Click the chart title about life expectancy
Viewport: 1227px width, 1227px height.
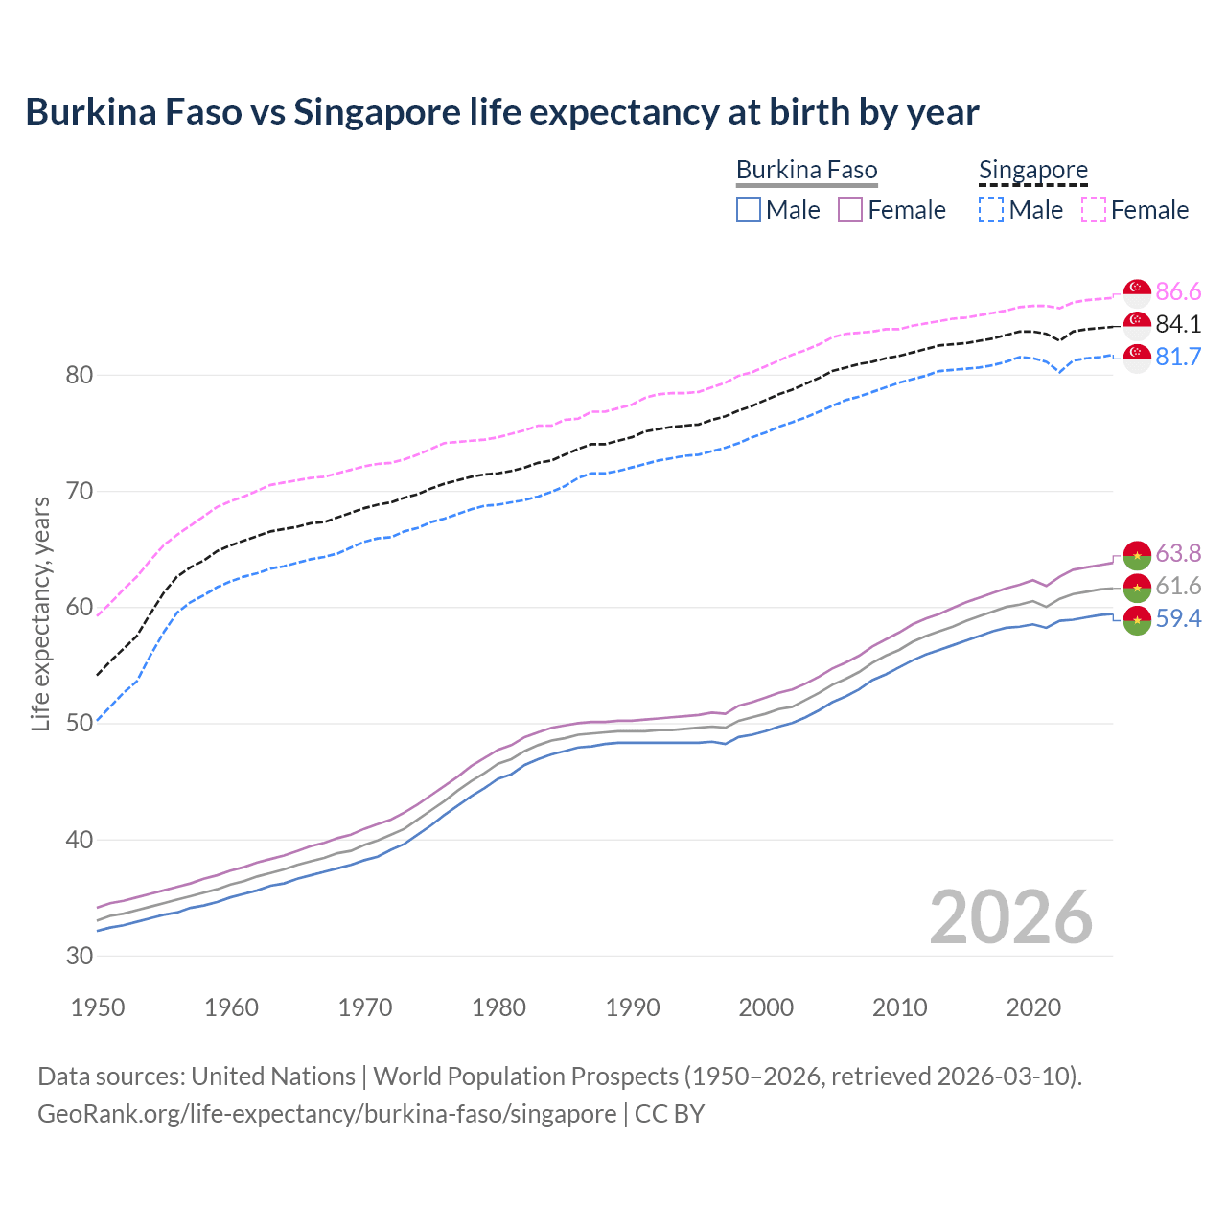501,112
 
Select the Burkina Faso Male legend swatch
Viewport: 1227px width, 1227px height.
749,210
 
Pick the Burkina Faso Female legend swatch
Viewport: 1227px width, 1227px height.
850,210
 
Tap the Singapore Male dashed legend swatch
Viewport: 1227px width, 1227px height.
991,210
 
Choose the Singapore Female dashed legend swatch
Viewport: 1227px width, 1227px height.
1094,210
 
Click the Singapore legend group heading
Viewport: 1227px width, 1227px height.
1032,170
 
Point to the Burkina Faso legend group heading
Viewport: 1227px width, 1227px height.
806,170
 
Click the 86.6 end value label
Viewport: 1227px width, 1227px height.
1178,291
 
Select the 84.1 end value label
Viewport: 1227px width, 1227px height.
1178,324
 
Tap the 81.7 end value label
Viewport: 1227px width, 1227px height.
1178,357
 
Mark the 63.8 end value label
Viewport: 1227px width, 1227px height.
1178,553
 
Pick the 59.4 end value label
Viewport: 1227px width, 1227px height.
1178,618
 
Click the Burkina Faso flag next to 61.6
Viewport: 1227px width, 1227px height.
1137,587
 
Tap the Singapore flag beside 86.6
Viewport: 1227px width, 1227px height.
1137,291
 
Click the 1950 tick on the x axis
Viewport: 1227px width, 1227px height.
98,1007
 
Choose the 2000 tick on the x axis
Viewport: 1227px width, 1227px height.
766,1007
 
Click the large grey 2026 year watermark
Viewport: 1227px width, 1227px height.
1010,917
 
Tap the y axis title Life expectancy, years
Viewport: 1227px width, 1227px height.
41,613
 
